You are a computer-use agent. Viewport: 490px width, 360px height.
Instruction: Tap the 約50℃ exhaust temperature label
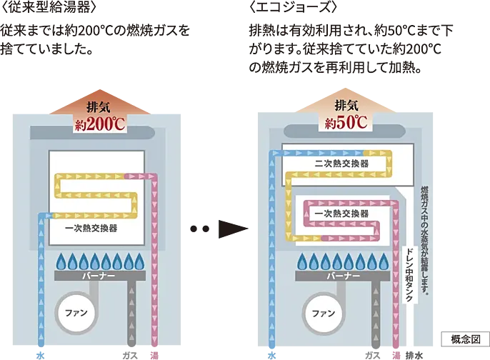click(x=346, y=122)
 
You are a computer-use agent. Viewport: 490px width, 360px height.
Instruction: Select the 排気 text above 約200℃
click(x=99, y=108)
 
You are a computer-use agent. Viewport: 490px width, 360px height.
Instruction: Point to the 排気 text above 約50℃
click(x=346, y=105)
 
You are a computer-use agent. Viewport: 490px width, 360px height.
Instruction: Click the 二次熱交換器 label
click(x=341, y=164)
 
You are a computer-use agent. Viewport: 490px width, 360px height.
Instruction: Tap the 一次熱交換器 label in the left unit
click(x=91, y=228)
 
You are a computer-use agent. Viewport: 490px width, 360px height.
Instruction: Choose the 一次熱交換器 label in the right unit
click(x=341, y=213)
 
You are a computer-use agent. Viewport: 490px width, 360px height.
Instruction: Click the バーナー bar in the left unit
click(x=99, y=274)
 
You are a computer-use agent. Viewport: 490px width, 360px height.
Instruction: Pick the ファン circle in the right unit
click(x=324, y=313)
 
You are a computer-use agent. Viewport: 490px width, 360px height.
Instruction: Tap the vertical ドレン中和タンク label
click(x=409, y=274)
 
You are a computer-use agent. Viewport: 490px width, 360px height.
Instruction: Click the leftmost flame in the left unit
click(x=60, y=260)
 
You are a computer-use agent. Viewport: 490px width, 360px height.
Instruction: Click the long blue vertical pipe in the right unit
click(x=271, y=250)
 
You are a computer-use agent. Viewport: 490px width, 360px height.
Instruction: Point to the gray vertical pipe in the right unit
click(x=372, y=314)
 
